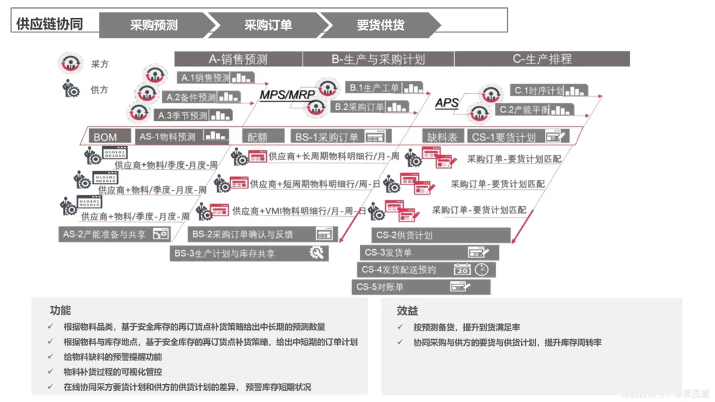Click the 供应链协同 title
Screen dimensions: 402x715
point(50,24)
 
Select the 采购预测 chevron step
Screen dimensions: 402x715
point(154,25)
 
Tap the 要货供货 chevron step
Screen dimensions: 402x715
point(380,25)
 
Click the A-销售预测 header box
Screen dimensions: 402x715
point(238,59)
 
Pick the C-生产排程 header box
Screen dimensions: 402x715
point(542,59)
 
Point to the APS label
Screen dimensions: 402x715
point(447,102)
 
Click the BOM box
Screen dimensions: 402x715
point(105,137)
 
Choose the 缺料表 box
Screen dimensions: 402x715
point(442,137)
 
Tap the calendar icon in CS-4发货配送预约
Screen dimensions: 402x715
point(461,270)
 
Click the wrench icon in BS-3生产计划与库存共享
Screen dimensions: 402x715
point(316,253)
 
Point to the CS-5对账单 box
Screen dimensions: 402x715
point(421,287)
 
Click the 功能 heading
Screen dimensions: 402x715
point(60,310)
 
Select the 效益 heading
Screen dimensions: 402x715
point(407,310)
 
